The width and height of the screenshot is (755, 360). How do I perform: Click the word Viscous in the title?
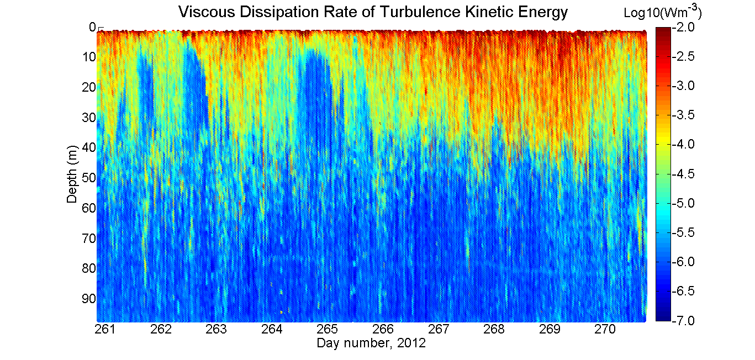pos(207,12)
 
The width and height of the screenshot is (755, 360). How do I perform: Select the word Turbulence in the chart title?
pos(420,12)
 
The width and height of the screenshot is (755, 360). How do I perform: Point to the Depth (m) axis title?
pos(72,174)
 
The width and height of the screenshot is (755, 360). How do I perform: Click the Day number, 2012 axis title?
pos(371,343)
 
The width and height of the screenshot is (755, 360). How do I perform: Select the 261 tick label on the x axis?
pos(105,329)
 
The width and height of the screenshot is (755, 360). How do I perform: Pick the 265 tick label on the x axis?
pos(328,329)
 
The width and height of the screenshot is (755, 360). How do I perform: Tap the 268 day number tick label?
pos(494,329)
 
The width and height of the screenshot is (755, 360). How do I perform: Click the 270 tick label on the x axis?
pos(605,329)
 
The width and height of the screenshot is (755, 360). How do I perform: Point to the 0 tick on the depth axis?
pos(92,27)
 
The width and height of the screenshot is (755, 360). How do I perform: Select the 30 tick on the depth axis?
pos(89,118)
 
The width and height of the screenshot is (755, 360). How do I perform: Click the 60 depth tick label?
pos(89,208)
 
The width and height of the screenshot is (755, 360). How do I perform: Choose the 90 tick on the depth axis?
pos(89,298)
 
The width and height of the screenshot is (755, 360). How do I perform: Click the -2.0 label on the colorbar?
pos(683,27)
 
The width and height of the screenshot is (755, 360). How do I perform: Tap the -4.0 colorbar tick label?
pos(683,144)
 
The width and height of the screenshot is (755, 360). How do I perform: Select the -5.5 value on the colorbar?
pos(683,232)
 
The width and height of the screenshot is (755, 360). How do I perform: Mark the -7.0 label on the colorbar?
pos(683,320)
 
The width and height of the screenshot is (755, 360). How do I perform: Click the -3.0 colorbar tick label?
pos(683,86)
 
